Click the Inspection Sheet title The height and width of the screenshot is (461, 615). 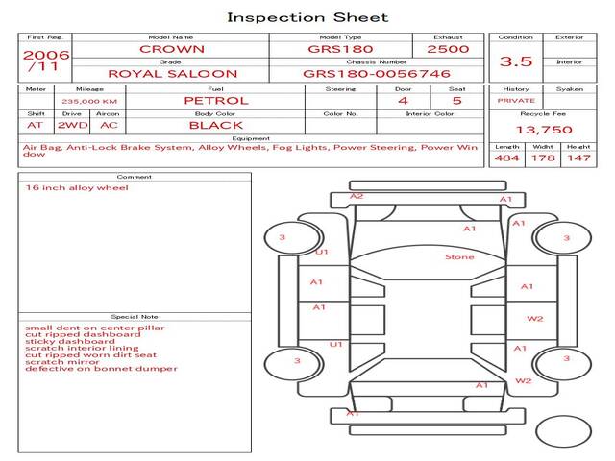point(307,17)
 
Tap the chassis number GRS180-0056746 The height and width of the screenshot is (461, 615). point(376,73)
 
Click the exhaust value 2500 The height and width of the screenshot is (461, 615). point(448,48)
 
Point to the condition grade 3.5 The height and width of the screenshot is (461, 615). point(516,61)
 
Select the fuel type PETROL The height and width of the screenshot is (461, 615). point(215,100)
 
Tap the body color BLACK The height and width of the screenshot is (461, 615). point(215,125)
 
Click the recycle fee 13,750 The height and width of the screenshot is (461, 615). point(544,130)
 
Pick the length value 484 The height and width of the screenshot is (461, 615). point(506,158)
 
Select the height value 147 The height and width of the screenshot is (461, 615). point(578,158)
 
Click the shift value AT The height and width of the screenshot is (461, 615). point(36,125)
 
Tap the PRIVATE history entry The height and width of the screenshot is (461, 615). point(516,100)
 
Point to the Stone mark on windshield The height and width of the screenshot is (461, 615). point(459,257)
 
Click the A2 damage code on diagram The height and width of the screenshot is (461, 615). point(356,197)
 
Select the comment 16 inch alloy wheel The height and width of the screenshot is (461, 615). point(77,188)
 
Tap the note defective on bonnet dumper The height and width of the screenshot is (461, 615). point(101,368)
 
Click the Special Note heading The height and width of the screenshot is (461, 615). point(135,316)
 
